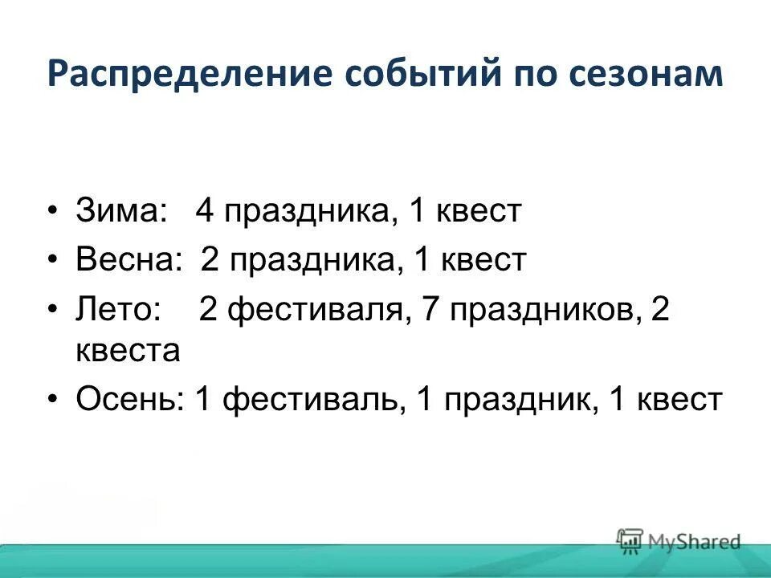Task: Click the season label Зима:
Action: (x=121, y=212)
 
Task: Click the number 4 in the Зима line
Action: (x=205, y=212)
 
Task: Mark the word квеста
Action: (x=128, y=352)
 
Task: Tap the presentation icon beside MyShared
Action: (x=630, y=540)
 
